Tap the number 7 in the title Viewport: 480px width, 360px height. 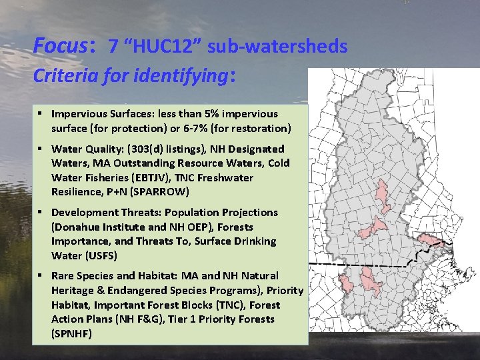coord(113,46)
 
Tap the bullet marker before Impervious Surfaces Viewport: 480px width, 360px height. coord(41,114)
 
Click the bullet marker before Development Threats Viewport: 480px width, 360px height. coord(41,213)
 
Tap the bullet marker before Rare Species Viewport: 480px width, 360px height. coord(41,276)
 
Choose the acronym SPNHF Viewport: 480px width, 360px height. coord(71,333)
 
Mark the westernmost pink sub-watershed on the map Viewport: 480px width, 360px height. coord(347,284)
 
